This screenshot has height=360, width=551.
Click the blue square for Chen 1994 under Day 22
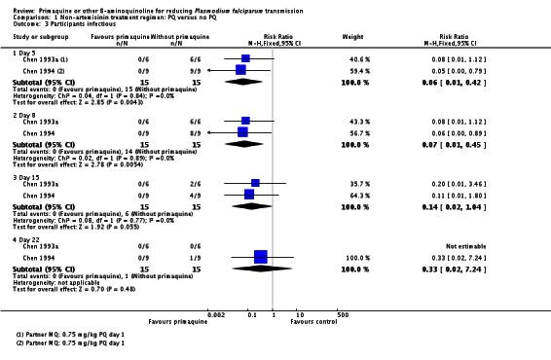coord(260,257)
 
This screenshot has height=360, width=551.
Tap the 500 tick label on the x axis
coord(342,313)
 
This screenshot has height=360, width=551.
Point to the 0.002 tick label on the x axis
coord(216,313)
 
